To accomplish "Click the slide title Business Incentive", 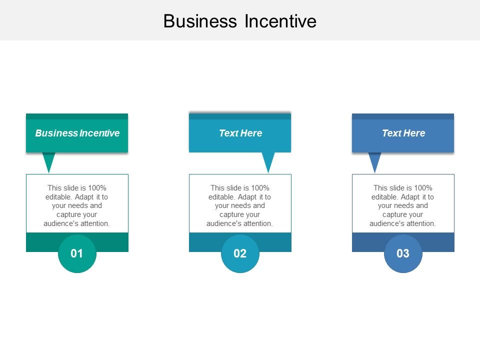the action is pos(239,21).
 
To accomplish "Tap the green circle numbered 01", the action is pos(77,253).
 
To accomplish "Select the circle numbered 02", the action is pos(240,253).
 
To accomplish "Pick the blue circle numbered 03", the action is pos(403,253).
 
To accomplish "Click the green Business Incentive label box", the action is pos(77,133).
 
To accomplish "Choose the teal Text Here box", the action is pos(240,133).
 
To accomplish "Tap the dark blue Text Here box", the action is pos(403,133).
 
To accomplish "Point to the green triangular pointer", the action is pos(49,161).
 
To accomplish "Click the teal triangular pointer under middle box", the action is pos(268,161).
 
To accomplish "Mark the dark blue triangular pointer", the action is pos(374,161).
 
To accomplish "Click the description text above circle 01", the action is pos(77,205).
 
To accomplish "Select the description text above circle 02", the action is pos(240,205).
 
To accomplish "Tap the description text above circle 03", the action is pos(403,205).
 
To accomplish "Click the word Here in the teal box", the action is pos(251,133).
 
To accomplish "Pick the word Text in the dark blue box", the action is pos(391,133).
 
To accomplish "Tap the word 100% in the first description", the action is pos(97,188).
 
